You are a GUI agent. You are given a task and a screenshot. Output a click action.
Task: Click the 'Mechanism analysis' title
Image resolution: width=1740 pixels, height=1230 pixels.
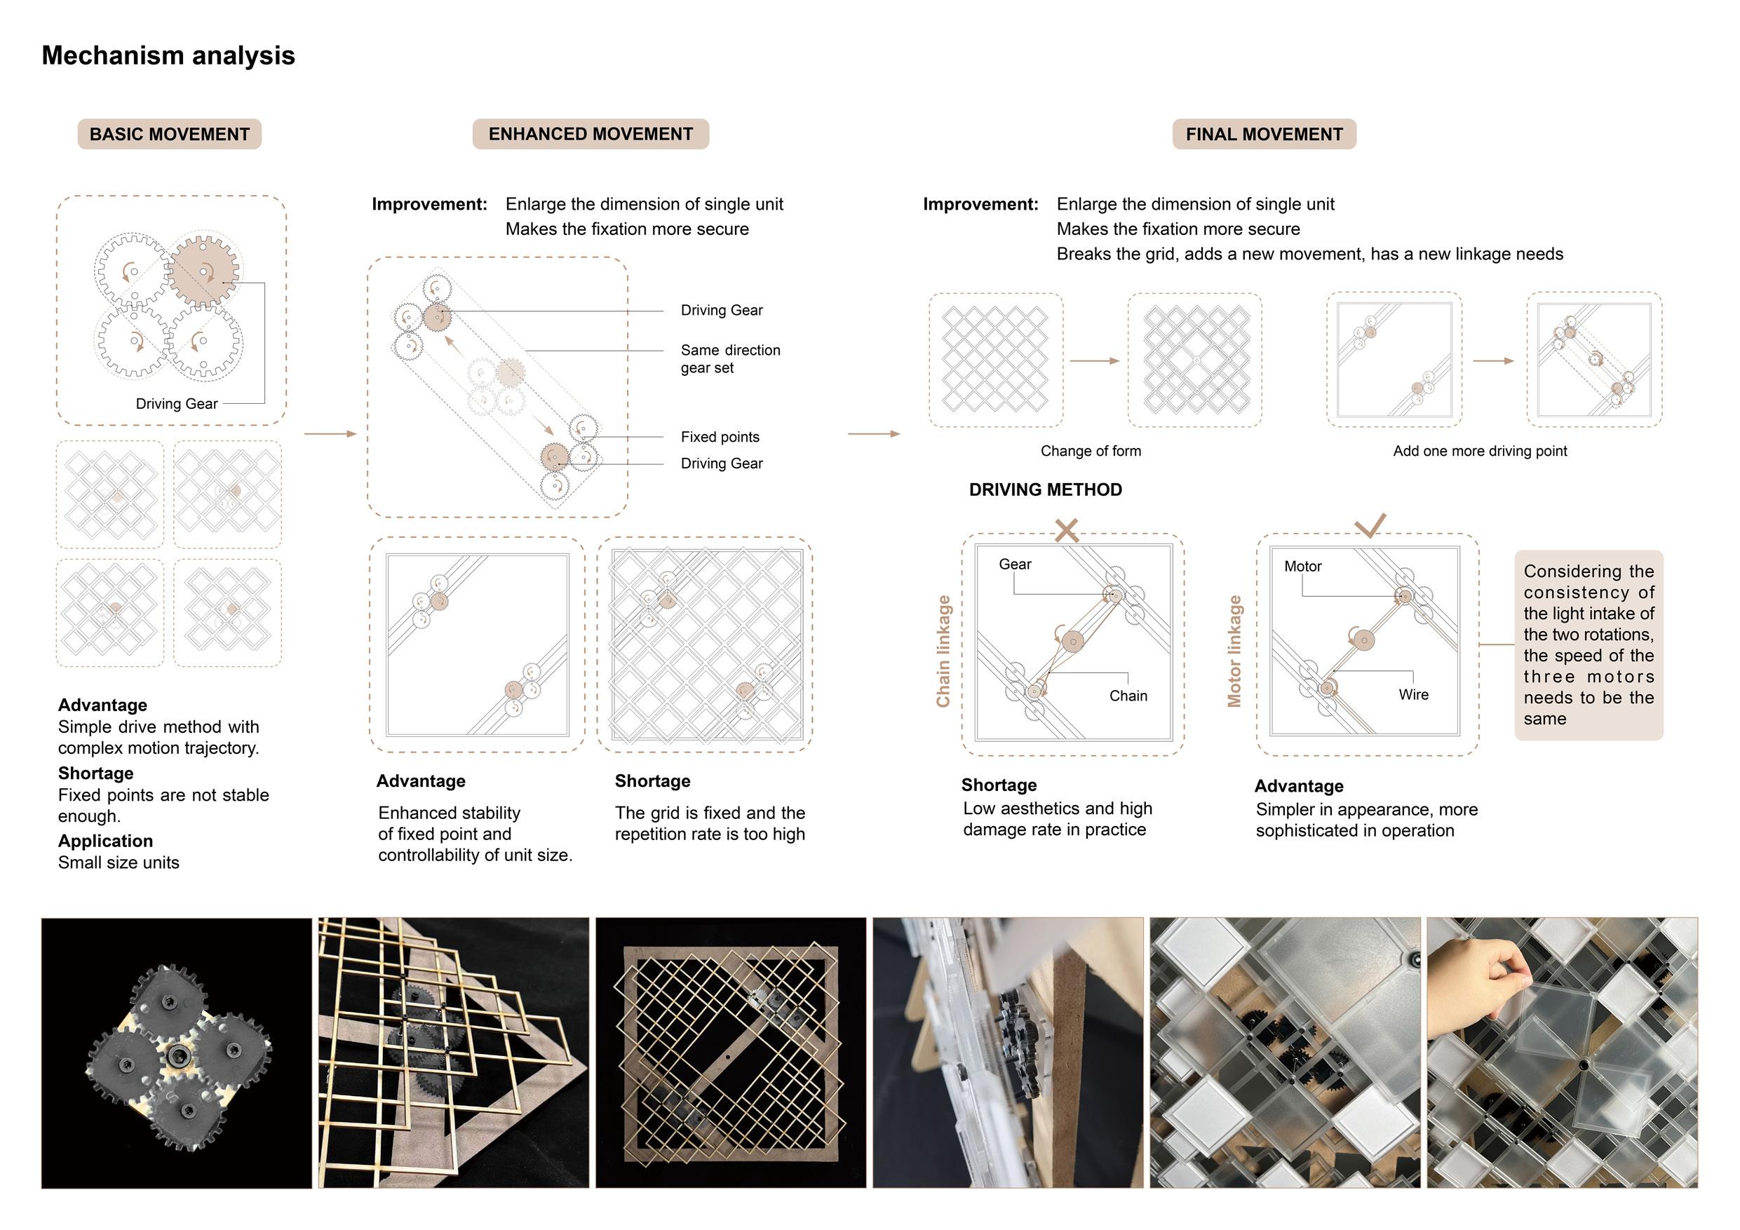pos(168,55)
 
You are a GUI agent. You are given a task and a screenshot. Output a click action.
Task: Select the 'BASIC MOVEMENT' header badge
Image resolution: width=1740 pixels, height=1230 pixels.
pos(169,134)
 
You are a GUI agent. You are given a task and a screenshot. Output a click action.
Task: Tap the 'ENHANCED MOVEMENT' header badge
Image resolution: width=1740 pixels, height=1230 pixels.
pos(591,134)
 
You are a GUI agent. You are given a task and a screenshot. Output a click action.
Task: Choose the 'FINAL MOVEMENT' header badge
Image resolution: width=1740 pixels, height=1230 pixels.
pos(1263,134)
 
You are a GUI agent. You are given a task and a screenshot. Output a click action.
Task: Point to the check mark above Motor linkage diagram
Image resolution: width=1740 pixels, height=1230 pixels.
pos(1370,525)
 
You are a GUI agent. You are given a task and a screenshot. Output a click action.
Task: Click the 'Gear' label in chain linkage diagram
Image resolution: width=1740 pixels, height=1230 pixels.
pos(1015,564)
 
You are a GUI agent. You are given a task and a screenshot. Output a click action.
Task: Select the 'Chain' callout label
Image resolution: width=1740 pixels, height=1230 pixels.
pos(1128,696)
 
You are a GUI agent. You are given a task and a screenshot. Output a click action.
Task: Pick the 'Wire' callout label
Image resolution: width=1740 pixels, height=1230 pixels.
pos(1413,694)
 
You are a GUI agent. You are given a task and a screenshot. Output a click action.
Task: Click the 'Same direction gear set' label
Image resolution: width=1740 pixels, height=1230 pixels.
pos(730,358)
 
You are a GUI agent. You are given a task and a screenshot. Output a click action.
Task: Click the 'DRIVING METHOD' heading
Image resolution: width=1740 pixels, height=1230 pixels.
pos(1045,489)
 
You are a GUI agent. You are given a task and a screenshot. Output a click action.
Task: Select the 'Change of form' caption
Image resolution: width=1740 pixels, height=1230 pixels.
pos(1091,451)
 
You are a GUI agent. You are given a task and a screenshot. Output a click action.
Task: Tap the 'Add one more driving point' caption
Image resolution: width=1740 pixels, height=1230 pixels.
pos(1479,451)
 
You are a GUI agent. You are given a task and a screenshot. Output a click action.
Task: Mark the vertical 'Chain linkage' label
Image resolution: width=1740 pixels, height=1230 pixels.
pos(943,651)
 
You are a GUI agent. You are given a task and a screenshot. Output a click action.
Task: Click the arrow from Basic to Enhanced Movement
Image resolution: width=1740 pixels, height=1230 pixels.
pos(330,433)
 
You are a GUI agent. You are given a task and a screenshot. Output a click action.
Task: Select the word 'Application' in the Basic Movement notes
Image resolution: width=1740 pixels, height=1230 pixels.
pos(105,841)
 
